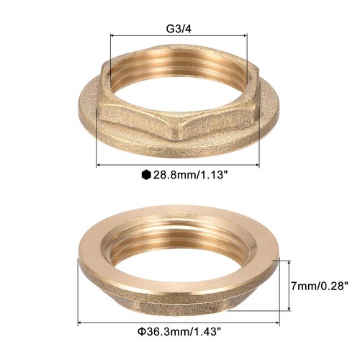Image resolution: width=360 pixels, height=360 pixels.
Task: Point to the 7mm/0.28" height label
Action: [x=318, y=287]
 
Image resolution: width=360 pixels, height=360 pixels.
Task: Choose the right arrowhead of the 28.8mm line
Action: [x=257, y=164]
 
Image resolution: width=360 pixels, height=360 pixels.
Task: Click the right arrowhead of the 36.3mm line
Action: [x=279, y=323]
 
